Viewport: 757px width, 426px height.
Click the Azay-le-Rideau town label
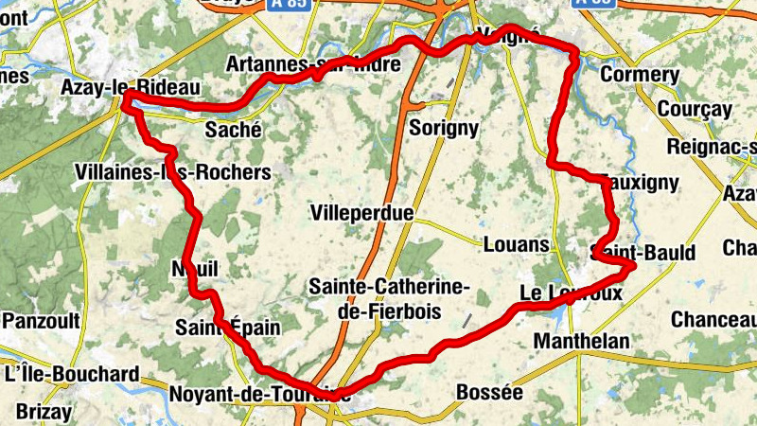pyautogui.click(x=130, y=87)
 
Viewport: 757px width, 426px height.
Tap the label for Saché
pyautogui.click(x=233, y=131)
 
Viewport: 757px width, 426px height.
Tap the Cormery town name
pyautogui.click(x=640, y=75)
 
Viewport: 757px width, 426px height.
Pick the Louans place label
pyautogui.click(x=516, y=244)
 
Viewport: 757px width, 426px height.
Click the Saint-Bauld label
pyautogui.click(x=643, y=253)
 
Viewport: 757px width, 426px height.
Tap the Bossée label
pyautogui.click(x=489, y=391)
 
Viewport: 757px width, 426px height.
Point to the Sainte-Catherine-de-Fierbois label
pyautogui.click(x=390, y=297)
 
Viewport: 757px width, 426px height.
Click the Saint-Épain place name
pyautogui.click(x=228, y=328)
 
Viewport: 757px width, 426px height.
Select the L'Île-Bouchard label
pyautogui.click(x=72, y=374)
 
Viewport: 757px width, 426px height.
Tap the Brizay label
pyautogui.click(x=43, y=412)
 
